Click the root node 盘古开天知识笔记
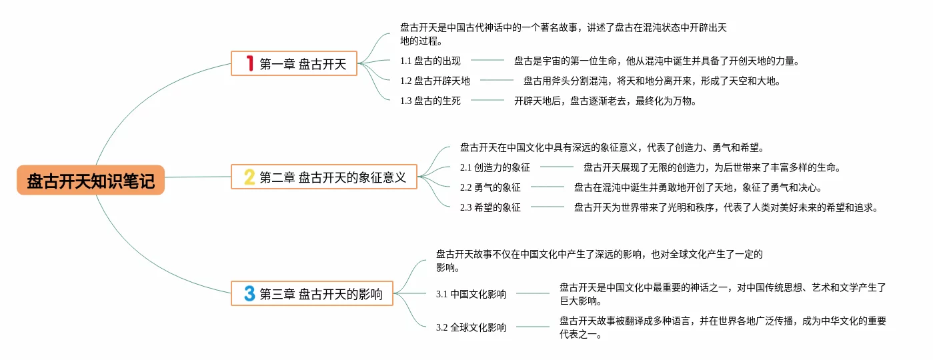pyautogui.click(x=91, y=181)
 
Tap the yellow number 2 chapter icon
pyautogui.click(x=249, y=177)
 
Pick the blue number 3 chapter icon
pyautogui.click(x=249, y=293)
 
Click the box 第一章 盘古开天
pyautogui.click(x=294, y=64)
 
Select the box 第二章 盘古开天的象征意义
pyautogui.click(x=324, y=177)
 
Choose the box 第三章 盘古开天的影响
pyautogui.click(x=312, y=294)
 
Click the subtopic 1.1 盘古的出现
pyautogui.click(x=430, y=61)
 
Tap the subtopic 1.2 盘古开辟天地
pyautogui.click(x=435, y=81)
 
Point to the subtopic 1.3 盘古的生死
pyautogui.click(x=430, y=101)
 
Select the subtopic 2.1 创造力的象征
pyautogui.click(x=495, y=167)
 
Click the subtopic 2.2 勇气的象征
pyautogui.click(x=490, y=187)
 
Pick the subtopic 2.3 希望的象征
pyautogui.click(x=490, y=207)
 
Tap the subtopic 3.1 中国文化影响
pyautogui.click(x=471, y=294)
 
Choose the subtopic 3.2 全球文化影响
pyautogui.click(x=471, y=327)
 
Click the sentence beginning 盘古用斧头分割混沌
pyautogui.click(x=652, y=81)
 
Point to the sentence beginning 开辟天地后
pyautogui.click(x=606, y=101)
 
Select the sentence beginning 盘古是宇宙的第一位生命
pyautogui.click(x=656, y=61)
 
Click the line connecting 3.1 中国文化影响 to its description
pyautogui.click(x=533, y=293)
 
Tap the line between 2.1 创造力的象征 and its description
pyautogui.click(x=557, y=167)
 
